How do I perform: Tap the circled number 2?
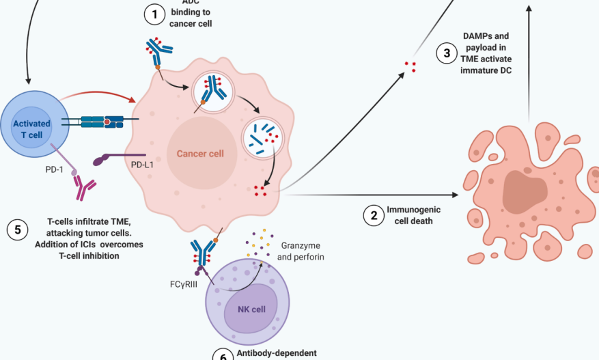(374, 215)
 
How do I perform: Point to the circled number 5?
(16, 230)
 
